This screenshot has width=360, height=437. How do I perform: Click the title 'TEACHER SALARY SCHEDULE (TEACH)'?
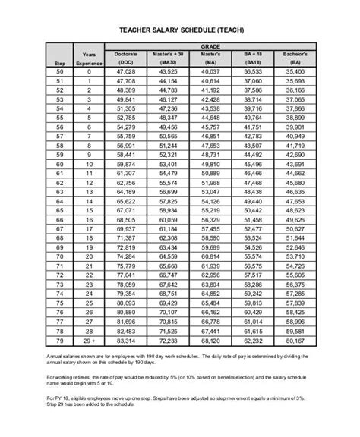click(179, 30)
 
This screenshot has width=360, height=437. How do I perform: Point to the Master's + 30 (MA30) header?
click(168, 58)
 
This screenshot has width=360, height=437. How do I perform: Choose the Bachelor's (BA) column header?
click(292, 58)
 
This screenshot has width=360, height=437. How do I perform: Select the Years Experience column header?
click(89, 59)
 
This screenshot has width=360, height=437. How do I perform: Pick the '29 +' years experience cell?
click(89, 341)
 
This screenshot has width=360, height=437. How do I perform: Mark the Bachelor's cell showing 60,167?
click(292, 341)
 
